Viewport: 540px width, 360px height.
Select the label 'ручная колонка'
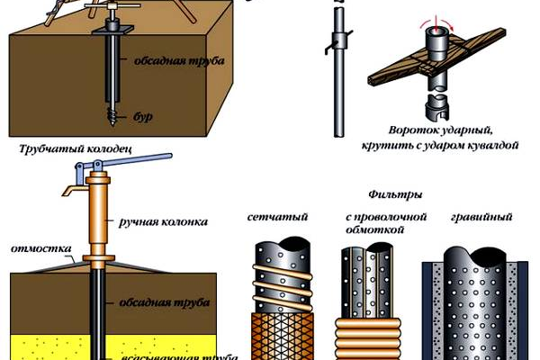tap(165, 220)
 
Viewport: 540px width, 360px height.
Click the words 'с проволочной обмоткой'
tap(373, 223)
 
